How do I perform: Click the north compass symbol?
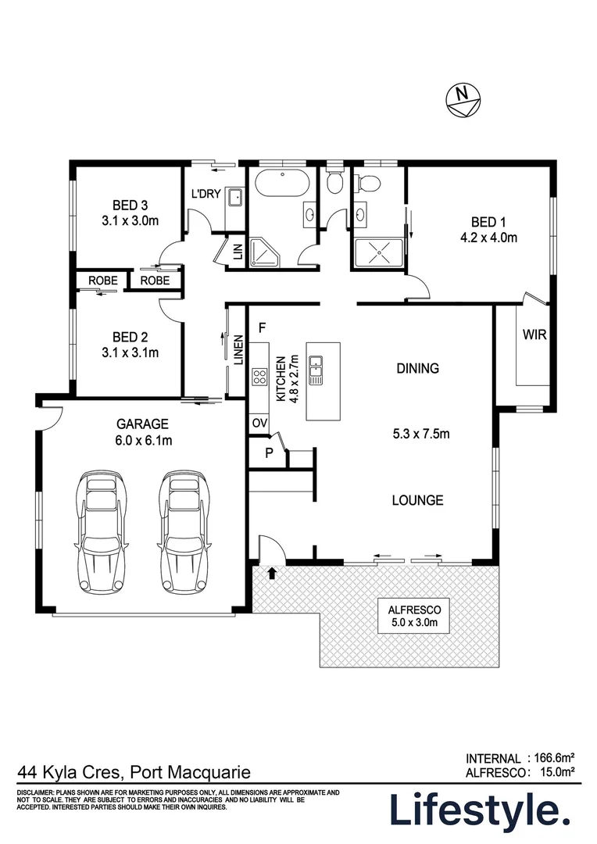coord(464,99)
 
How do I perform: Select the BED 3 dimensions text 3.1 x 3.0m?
coord(130,221)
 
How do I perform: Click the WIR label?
coord(534,335)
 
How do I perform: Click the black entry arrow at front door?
coord(272,574)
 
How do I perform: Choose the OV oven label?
coord(259,423)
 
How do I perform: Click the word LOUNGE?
coord(417,500)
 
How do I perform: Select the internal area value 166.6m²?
coord(554,757)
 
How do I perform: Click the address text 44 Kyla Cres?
coord(70,772)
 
